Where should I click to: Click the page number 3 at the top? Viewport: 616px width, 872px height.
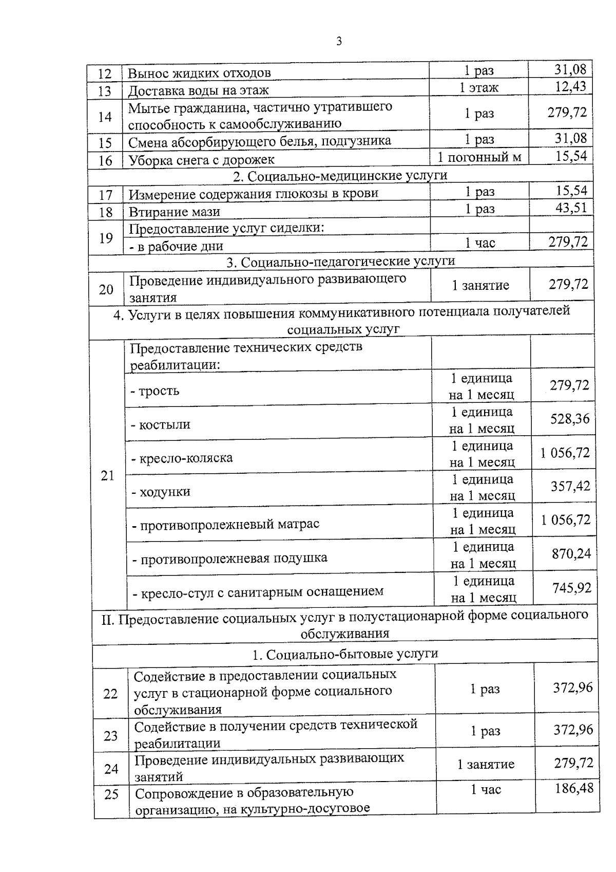click(x=339, y=42)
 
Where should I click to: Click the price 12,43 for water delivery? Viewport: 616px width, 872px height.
click(x=570, y=86)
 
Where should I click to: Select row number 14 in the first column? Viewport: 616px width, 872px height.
click(x=105, y=117)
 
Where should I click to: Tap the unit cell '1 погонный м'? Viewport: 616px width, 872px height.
click(x=479, y=157)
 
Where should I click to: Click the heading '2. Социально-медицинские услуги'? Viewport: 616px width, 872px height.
click(x=340, y=176)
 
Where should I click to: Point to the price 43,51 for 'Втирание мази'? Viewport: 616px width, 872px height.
click(x=571, y=208)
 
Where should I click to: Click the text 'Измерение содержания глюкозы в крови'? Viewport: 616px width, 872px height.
click(x=253, y=194)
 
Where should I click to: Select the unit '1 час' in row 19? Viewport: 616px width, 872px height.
click(x=480, y=243)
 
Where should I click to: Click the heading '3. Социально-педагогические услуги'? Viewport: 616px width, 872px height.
click(x=341, y=262)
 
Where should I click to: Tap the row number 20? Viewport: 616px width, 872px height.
click(x=106, y=289)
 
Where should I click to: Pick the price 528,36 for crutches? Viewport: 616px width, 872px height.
click(x=570, y=419)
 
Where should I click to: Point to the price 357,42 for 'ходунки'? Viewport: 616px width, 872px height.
click(x=570, y=486)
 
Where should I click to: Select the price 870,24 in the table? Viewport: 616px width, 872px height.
click(x=571, y=553)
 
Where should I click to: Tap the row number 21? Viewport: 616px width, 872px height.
click(x=108, y=476)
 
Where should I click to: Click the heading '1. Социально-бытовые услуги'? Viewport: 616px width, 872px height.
click(x=345, y=654)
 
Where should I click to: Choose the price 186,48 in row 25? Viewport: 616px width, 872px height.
click(x=574, y=788)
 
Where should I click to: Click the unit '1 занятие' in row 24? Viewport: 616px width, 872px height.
click(x=486, y=764)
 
